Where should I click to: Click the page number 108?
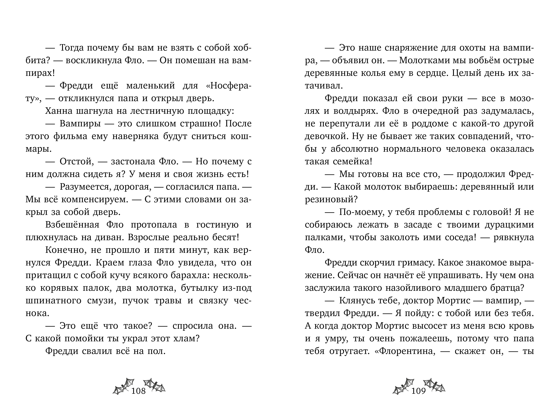pos(139,391)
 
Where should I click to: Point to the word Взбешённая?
pos(72,225)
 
